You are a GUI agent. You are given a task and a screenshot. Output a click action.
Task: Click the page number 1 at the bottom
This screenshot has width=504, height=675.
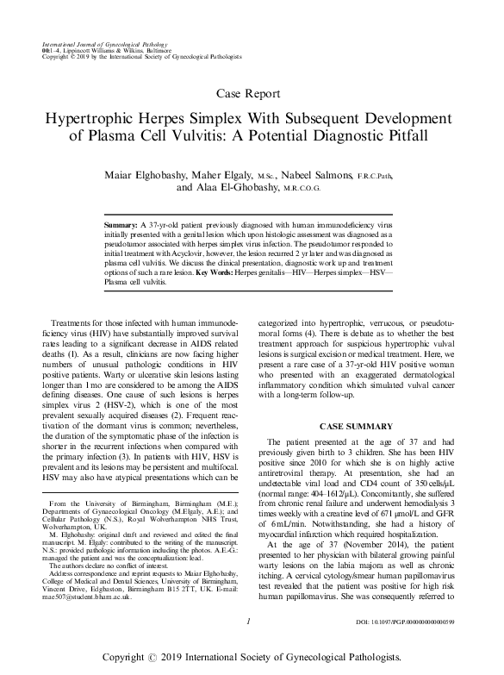click(x=248, y=620)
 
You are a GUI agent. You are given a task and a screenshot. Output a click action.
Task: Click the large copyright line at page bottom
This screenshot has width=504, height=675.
click(x=252, y=656)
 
